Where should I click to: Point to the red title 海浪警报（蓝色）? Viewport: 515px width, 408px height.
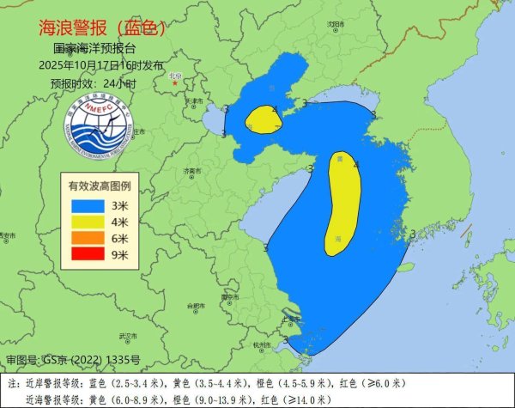point(102,27)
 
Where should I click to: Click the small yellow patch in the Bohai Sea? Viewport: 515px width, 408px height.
point(262,120)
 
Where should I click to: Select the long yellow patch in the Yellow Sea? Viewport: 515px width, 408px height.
point(343,204)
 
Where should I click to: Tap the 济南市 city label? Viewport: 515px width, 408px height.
point(191,172)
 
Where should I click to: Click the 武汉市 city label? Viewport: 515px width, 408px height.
point(129,335)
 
